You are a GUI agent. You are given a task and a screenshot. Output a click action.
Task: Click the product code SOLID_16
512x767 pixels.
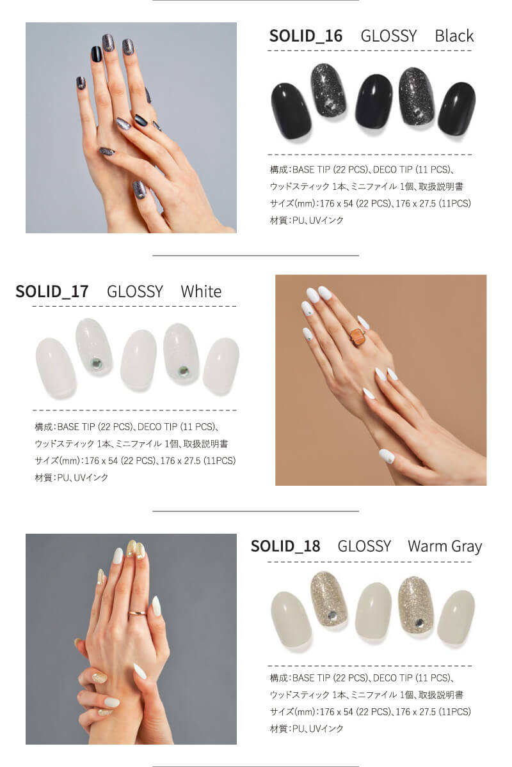coord(305,36)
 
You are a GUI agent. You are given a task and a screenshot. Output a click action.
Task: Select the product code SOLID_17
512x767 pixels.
coord(52,291)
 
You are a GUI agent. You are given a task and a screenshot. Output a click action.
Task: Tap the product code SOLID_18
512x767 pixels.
coord(285,546)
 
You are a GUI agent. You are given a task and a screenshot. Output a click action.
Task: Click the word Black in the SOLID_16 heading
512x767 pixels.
coord(454,36)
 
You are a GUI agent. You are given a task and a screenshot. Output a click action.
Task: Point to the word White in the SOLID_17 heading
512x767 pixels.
coord(201,291)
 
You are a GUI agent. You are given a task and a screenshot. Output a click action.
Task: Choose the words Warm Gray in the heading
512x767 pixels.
coord(444,546)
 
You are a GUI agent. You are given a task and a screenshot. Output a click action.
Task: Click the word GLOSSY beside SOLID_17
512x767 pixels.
coord(134,291)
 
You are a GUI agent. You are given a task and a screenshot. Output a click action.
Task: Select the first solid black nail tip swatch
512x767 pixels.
coord(291,111)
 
